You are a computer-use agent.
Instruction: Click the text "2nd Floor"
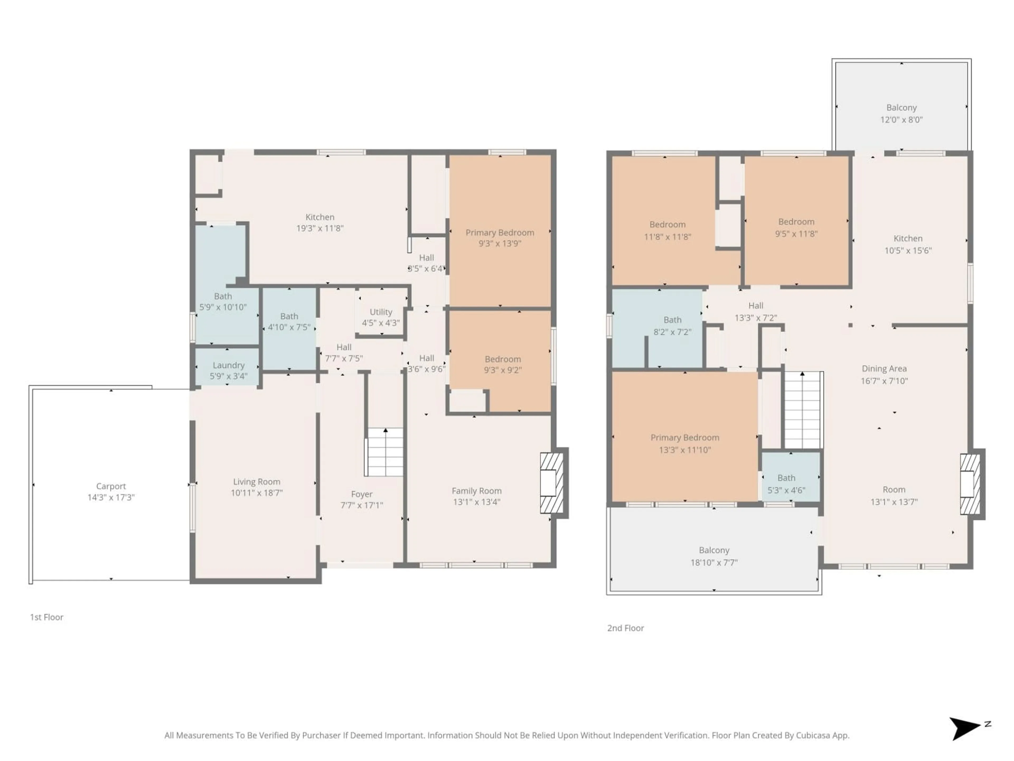pyautogui.click(x=625, y=628)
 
